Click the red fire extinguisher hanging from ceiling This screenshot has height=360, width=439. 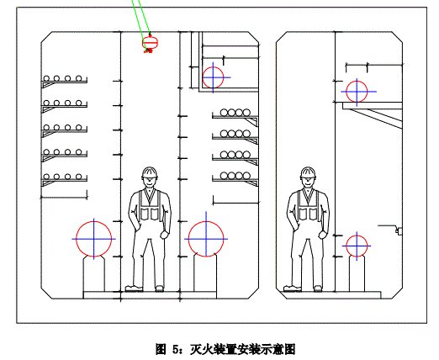click(150, 43)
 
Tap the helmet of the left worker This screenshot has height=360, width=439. click(150, 172)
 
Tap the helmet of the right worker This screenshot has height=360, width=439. click(308, 172)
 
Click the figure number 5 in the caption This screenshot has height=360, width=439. click(176, 349)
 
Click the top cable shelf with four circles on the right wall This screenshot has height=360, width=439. click(235, 115)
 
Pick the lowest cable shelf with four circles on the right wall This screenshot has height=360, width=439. click(235, 178)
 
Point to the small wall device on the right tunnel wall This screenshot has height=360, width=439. click(399, 230)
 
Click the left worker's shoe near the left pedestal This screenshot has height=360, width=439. click(134, 289)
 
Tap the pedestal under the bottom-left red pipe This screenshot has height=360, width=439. click(94, 274)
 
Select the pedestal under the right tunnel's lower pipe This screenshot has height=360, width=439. click(357, 274)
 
